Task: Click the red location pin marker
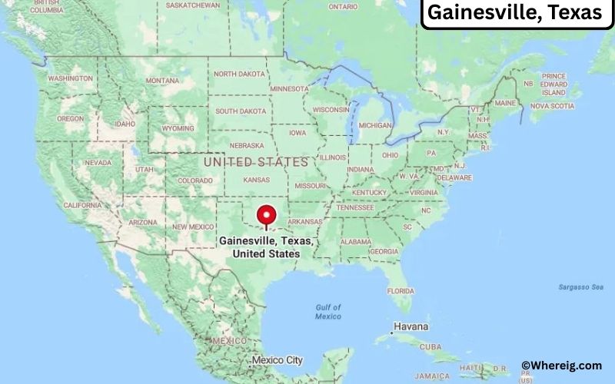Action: tap(267, 214)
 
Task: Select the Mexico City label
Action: tap(278, 359)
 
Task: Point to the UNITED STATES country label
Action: tap(255, 163)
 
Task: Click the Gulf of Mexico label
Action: tap(327, 312)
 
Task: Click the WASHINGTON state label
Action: tap(71, 78)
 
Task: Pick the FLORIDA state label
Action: tap(401, 291)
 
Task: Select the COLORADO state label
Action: tap(195, 181)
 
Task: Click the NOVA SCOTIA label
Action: tap(551, 105)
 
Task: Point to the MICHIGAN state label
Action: tap(375, 125)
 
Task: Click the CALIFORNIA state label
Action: tap(82, 205)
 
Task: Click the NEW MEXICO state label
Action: tap(192, 227)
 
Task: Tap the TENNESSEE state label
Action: tap(354, 207)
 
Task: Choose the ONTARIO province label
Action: tap(343, 6)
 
